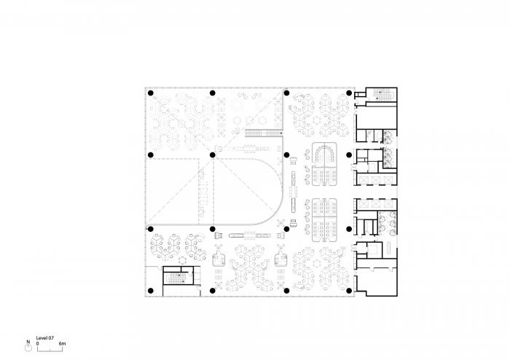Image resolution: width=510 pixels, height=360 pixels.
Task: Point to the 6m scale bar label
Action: pos(63,343)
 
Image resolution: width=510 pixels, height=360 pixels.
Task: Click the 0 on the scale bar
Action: pos(37,343)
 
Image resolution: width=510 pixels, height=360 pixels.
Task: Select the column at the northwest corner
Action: pos(150,93)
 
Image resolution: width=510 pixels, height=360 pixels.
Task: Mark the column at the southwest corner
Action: pos(150,291)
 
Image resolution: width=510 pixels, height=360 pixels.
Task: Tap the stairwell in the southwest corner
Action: pos(175,279)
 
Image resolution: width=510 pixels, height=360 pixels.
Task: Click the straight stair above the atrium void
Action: pos(264,133)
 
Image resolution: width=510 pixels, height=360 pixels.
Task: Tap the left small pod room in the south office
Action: pos(218,257)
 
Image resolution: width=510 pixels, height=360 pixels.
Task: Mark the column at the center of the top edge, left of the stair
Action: pos(212,93)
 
